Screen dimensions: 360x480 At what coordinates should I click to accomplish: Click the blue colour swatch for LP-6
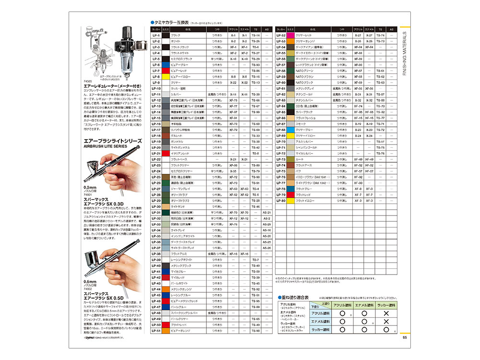coord(166,65)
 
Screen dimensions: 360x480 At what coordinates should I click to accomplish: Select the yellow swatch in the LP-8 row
coord(166,76)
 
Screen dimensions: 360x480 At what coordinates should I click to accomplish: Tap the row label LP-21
coord(156,153)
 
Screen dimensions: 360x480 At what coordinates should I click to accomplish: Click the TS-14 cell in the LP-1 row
coord(255,36)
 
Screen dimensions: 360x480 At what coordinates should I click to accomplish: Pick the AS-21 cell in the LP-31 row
coord(267,212)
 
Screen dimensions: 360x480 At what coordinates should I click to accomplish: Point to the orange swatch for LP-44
coord(166,289)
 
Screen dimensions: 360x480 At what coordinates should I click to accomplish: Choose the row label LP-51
coord(156,331)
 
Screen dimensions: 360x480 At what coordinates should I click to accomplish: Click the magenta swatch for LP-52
coord(290,36)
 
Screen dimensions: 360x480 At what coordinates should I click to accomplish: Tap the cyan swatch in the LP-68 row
coord(290,130)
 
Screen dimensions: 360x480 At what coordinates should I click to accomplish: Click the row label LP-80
coord(281,201)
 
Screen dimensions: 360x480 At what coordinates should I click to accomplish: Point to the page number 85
coord(404,336)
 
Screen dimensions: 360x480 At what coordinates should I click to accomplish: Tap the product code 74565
coord(87,82)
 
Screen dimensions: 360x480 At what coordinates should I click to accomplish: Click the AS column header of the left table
coord(267,29)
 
